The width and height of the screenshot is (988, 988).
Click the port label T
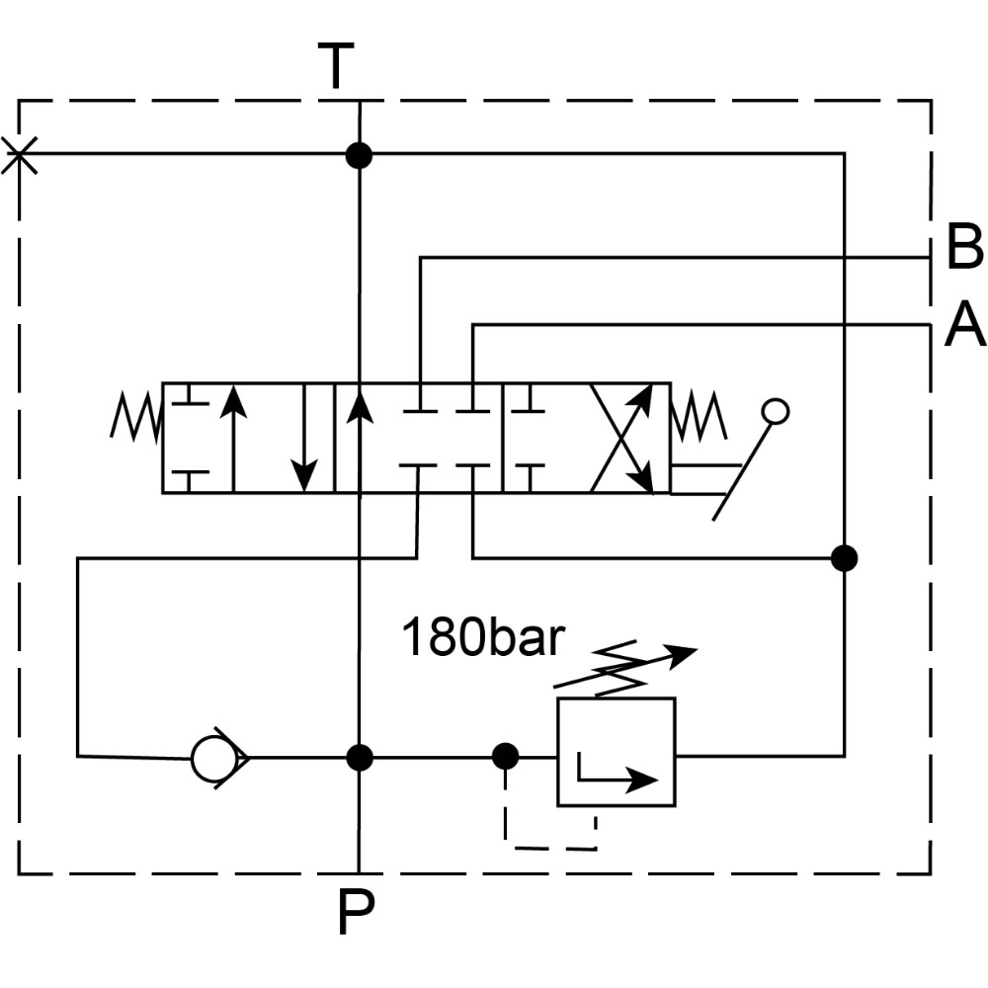click(337, 66)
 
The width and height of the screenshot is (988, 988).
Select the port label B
click(963, 247)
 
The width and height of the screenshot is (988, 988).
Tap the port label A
click(964, 325)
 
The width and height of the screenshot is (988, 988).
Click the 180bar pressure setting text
click(482, 638)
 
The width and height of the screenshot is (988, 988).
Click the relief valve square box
click(616, 751)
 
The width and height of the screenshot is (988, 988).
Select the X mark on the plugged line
click(20, 155)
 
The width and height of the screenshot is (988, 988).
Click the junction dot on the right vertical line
click(844, 558)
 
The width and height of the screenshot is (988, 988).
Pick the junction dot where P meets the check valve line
click(360, 758)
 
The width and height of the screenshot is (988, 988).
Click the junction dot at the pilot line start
click(506, 758)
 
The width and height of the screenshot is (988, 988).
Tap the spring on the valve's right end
click(699, 414)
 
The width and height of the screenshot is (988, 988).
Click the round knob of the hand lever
click(776, 411)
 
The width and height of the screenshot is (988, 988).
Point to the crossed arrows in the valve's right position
click(622, 438)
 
